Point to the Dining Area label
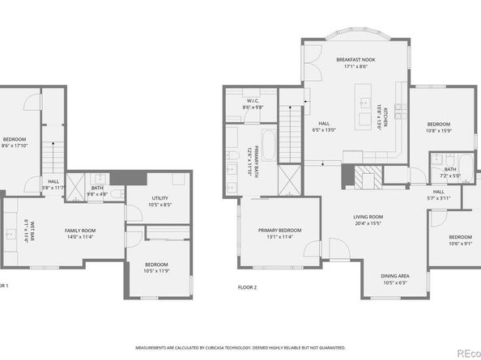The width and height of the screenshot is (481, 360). [x=400, y=278]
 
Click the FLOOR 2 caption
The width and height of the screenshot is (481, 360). [x=247, y=287]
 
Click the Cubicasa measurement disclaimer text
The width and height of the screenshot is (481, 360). [x=240, y=345]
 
